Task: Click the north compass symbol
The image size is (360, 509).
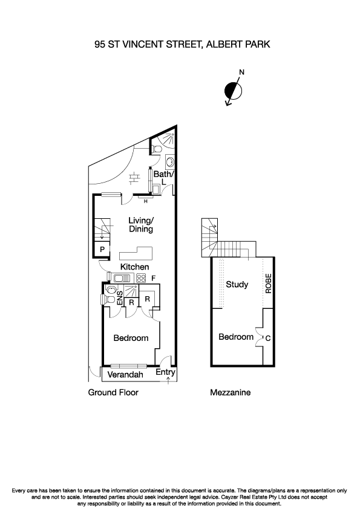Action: point(233,91)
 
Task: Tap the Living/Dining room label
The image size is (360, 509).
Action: point(140,225)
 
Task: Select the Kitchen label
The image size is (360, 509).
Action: point(134,267)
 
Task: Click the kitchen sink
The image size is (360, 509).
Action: point(122,278)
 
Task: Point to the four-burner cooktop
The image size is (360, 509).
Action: point(141,278)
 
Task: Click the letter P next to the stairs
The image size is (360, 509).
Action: point(102,249)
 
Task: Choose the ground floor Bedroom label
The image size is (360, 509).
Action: point(131,338)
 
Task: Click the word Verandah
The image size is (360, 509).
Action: point(125,375)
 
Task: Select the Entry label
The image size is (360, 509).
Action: point(165,372)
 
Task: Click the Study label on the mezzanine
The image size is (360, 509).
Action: point(237,284)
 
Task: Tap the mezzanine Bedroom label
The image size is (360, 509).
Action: point(236,337)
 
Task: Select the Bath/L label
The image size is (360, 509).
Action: point(163,178)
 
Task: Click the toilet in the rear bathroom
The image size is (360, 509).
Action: point(157,148)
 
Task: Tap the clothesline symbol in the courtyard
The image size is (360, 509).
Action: point(134,178)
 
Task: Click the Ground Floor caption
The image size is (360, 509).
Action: point(113,392)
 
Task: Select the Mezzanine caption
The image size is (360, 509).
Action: point(230,392)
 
